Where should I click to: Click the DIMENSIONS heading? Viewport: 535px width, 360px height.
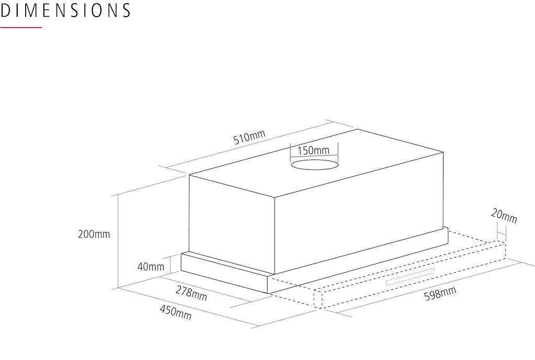(65, 10)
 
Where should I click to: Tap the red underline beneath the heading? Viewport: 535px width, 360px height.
(21, 27)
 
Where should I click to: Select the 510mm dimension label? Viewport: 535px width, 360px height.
(249, 137)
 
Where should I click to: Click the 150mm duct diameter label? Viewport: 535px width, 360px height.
(313, 150)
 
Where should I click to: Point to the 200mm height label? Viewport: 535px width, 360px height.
(94, 234)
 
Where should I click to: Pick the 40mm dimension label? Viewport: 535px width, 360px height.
(150, 266)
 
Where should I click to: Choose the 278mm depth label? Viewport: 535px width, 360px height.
(191, 293)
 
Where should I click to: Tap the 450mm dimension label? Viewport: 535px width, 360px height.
(176, 312)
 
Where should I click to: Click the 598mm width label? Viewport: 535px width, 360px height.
(440, 294)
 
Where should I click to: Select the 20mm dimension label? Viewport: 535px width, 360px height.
(504, 216)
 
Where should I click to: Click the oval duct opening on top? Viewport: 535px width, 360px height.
(315, 165)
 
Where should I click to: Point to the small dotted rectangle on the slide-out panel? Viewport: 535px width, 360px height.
(410, 277)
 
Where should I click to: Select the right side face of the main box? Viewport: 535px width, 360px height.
(359, 213)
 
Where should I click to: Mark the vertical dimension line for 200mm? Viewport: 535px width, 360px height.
(118, 242)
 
